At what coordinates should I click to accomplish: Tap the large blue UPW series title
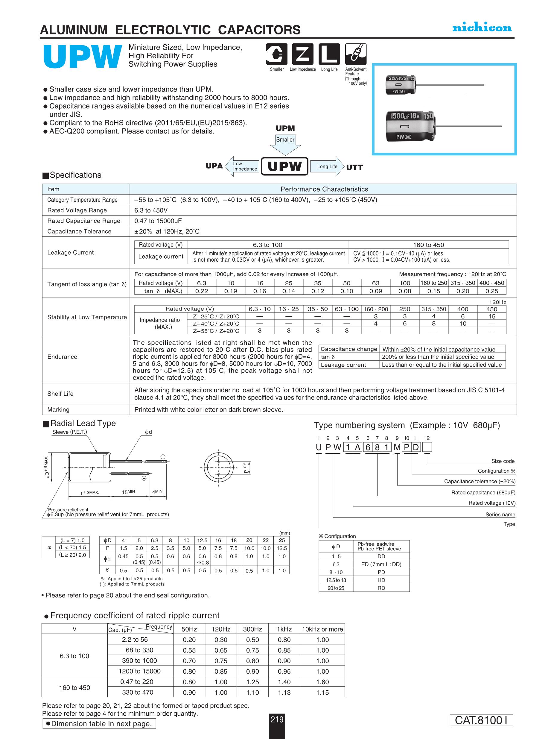point(82,57)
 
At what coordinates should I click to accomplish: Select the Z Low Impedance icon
point(302,54)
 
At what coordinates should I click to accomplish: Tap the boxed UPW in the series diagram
point(284,166)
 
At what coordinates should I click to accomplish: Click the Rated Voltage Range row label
point(77,210)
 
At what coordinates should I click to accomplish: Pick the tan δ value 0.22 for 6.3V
point(201,291)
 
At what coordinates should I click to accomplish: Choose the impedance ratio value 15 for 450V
point(491,316)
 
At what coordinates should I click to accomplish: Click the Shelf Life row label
point(60,394)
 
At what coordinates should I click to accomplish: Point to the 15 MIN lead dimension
point(128,492)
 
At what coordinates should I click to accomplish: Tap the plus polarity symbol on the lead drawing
point(163,457)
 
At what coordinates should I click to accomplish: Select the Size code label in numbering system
point(503,461)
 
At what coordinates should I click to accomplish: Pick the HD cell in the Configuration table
point(381,580)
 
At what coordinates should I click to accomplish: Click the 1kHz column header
point(284,629)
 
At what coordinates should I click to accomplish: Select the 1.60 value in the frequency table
point(322,682)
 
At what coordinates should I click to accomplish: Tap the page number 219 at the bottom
point(277,719)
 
